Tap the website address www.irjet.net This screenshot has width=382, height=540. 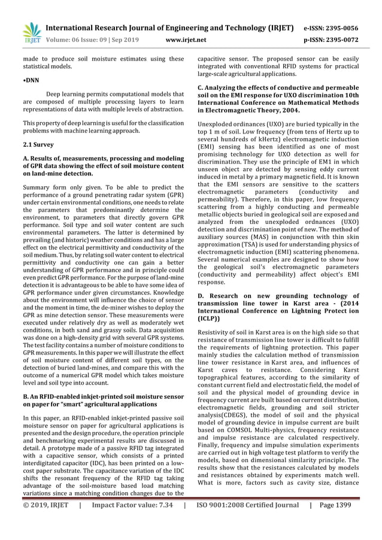pos(185,40)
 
